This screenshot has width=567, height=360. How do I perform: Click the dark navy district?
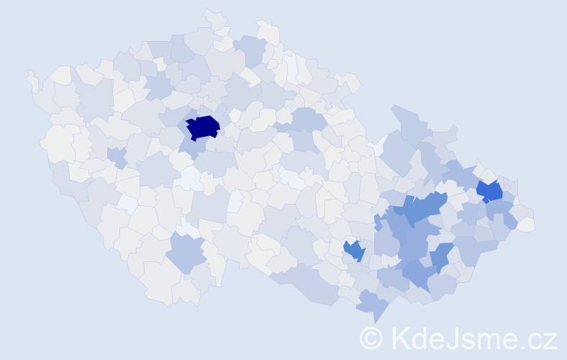(203, 127)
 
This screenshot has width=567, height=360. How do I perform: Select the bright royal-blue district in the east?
(489, 191)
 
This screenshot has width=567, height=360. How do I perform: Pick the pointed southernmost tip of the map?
(376, 322)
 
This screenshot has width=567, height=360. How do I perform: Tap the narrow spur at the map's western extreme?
(31, 76)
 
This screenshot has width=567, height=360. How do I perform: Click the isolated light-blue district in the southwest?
(186, 253)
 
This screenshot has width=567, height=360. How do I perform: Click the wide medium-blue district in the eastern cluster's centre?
(421, 210)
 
